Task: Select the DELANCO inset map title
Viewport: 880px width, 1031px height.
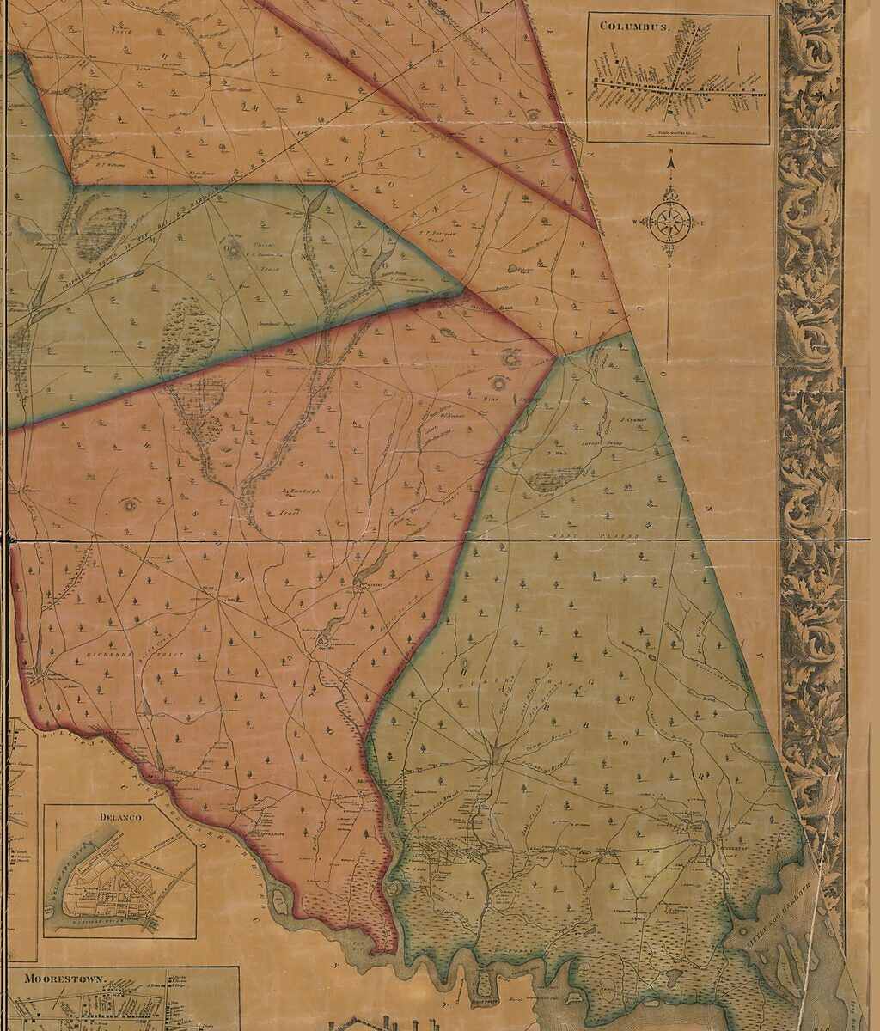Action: point(120,817)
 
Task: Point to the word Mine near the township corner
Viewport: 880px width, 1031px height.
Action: point(492,398)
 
